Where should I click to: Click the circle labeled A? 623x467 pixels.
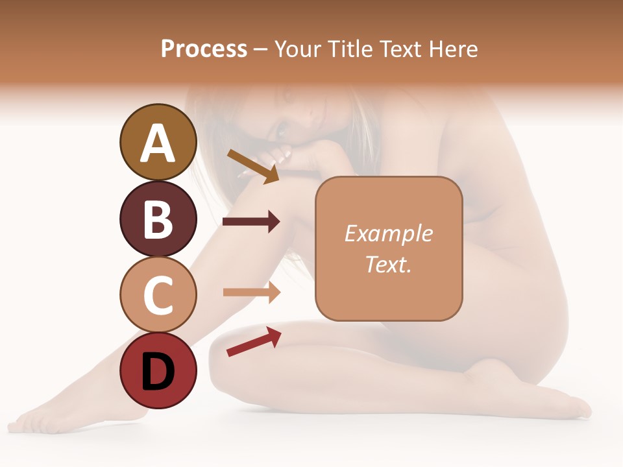click(158, 142)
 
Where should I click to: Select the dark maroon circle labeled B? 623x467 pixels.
click(158, 219)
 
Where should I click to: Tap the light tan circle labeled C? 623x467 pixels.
click(158, 294)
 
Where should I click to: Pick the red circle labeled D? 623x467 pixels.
click(158, 370)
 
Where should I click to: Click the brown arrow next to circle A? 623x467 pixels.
click(253, 165)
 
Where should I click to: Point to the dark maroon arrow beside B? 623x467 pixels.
click(251, 222)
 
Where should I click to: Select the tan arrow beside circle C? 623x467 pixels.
click(251, 292)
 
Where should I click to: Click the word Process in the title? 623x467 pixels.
click(204, 49)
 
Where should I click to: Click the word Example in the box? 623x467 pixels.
click(388, 233)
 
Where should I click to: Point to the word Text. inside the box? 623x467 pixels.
click(388, 264)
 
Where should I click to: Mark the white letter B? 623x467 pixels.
click(158, 219)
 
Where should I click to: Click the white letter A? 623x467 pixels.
click(158, 143)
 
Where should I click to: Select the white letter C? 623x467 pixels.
click(158, 295)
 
